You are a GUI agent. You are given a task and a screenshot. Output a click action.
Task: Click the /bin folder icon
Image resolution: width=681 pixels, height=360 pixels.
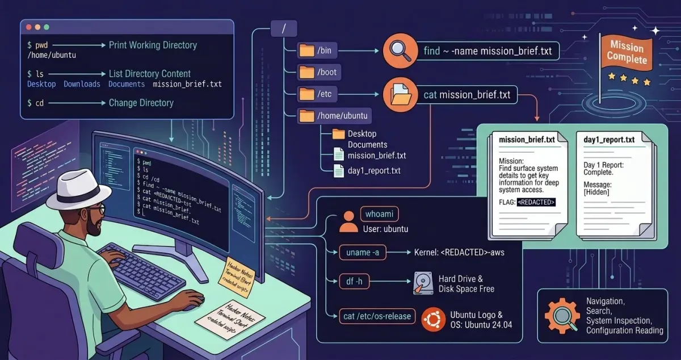306,51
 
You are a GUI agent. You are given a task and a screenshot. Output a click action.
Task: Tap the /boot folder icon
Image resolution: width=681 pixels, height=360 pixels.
306,72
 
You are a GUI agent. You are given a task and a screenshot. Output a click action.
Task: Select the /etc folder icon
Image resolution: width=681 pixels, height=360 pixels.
306,94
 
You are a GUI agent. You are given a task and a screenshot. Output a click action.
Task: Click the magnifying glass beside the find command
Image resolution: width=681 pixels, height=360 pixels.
401,51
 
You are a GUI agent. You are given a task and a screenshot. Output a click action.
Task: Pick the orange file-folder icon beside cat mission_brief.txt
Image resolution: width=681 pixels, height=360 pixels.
401,95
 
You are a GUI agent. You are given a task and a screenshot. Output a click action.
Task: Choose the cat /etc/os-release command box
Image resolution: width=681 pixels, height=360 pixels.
376,316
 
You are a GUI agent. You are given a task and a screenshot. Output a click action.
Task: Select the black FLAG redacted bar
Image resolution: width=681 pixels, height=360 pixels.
536,202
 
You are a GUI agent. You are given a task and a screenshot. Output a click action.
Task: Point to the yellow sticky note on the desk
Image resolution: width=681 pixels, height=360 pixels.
236,275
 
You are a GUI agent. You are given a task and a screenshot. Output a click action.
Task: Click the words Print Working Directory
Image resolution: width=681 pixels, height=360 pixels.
153,45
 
